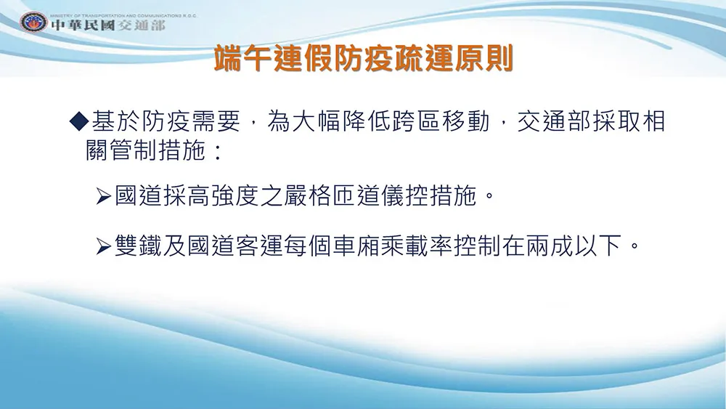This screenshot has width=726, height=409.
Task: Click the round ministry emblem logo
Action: click(x=33, y=23)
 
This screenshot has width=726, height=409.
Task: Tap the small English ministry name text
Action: click(x=123, y=15)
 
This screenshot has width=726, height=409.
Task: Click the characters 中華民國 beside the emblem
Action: click(x=83, y=25)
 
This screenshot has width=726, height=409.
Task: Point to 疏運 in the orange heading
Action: click(x=424, y=58)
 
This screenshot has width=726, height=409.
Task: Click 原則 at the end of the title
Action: click(x=484, y=58)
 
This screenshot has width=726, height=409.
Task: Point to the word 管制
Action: click(x=134, y=150)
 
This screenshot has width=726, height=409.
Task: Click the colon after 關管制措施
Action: click(x=218, y=151)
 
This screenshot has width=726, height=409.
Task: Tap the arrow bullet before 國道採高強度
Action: click(x=104, y=196)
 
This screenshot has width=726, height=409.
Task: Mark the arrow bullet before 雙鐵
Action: click(x=104, y=246)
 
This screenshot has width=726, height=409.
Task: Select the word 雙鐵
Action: click(x=139, y=245)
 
